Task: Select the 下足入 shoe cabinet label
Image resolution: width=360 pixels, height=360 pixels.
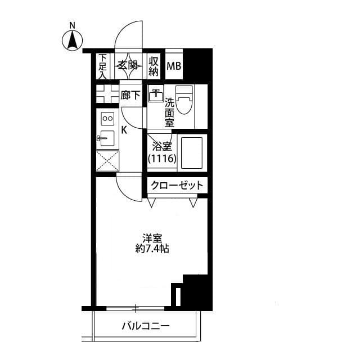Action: pyautogui.click(x=103, y=66)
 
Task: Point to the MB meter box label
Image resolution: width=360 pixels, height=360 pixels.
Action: pyautogui.click(x=174, y=66)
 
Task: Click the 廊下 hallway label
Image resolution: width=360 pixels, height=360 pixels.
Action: pyautogui.click(x=130, y=96)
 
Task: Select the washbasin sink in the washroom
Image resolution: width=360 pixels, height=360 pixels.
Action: pyautogui.click(x=155, y=95)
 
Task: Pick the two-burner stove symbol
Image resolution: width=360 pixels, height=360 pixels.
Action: pyautogui.click(x=107, y=119)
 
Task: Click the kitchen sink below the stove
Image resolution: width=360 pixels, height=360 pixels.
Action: pyautogui.click(x=106, y=138)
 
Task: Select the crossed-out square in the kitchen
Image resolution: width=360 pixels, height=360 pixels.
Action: pyautogui.click(x=107, y=161)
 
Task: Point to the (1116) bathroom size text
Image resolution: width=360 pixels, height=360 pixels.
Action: pyautogui.click(x=162, y=159)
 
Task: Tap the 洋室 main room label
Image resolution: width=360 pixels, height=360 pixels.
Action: pyautogui.click(x=148, y=238)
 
